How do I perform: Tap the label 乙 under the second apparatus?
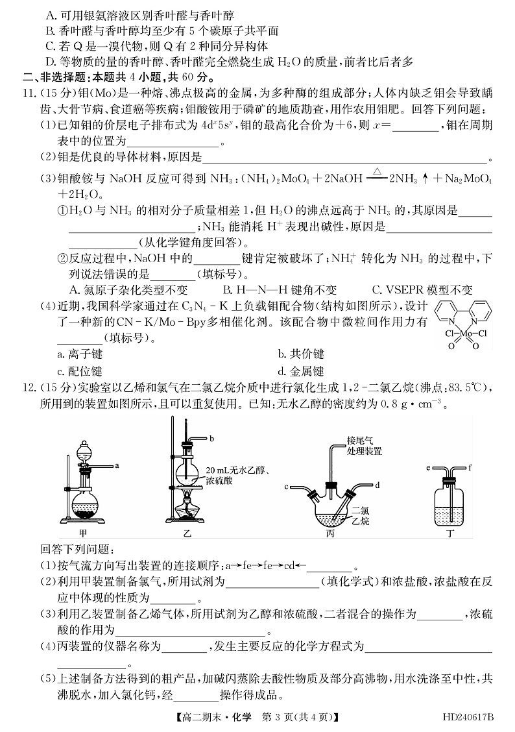[x=188, y=533]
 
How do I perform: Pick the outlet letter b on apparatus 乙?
[x=211, y=439]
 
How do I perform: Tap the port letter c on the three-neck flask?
[x=286, y=485]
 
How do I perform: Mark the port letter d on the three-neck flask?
[x=377, y=485]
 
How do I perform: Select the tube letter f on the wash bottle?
[x=469, y=467]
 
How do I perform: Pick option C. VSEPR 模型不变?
[x=422, y=290]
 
